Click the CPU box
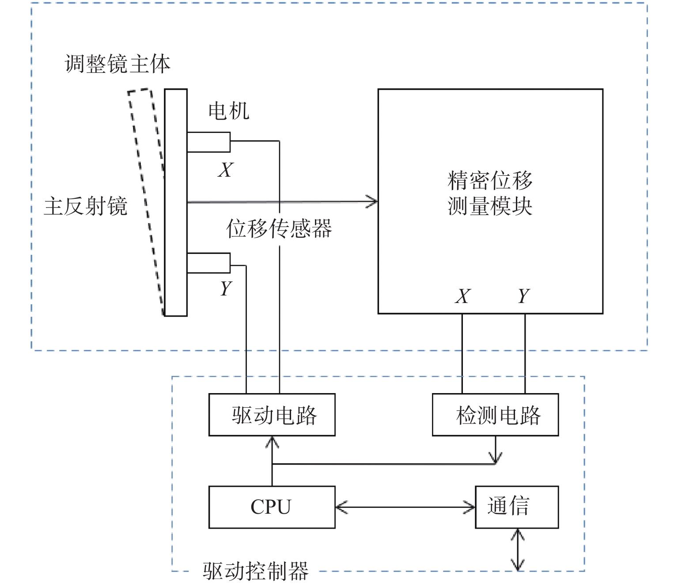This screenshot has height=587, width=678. [272, 507]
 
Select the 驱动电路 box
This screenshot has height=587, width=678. [272, 415]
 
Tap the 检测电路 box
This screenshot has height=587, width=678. [495, 415]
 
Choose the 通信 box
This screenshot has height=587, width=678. [516, 507]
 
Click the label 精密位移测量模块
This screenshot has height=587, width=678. [490, 193]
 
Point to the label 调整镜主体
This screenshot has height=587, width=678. [117, 64]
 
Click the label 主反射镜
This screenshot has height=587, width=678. [86, 206]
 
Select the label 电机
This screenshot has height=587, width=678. [229, 110]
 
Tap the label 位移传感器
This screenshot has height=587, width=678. [279, 229]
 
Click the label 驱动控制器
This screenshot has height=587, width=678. [256, 571]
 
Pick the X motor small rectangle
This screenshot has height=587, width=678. [208, 142]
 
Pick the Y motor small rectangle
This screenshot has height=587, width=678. [208, 263]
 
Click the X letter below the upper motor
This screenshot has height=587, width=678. [226, 170]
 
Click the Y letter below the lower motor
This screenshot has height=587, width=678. [226, 289]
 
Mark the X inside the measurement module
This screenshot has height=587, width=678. [462, 296]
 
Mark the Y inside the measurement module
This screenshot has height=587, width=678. [524, 296]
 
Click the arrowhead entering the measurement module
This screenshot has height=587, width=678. [372, 201]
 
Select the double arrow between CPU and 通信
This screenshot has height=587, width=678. [405, 507]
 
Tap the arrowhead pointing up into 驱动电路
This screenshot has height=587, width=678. [272, 442]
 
